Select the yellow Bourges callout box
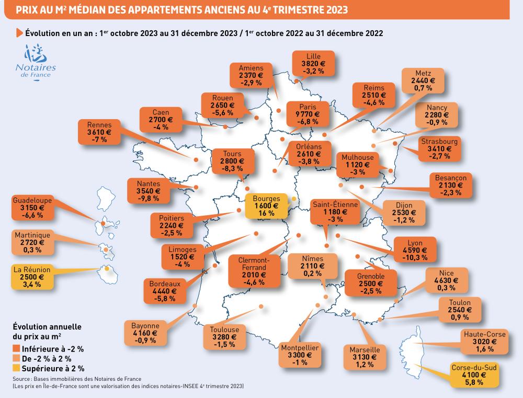(266, 206)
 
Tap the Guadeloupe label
(32, 200)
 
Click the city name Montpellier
(300, 347)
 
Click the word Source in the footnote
(21, 379)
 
